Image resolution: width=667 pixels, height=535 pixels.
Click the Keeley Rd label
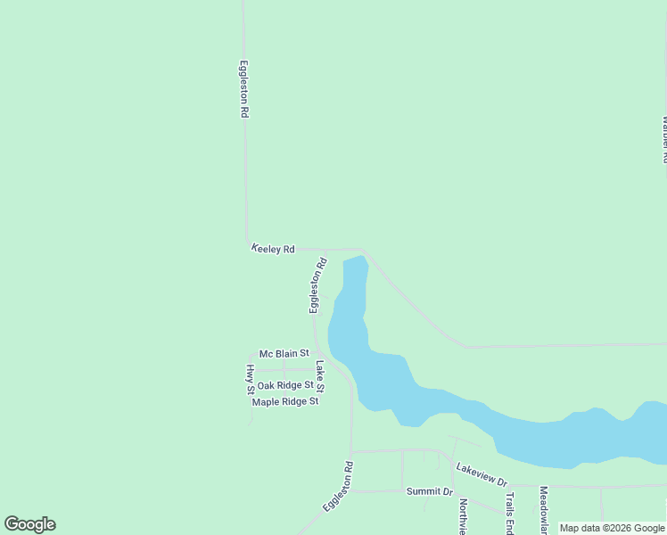[273, 250]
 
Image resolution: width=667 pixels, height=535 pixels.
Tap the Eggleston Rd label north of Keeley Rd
[243, 89]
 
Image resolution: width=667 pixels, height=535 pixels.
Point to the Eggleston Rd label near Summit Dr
[338, 485]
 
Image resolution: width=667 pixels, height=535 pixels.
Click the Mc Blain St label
[284, 354]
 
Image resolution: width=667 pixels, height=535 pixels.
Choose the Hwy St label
[251, 379]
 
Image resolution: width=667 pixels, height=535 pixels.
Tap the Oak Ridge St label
[285, 385]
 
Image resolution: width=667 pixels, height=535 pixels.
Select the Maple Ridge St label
[285, 402]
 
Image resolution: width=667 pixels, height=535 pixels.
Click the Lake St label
[319, 376]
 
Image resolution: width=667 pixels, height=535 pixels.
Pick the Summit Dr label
[430, 492]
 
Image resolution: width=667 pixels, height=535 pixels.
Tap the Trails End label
[510, 513]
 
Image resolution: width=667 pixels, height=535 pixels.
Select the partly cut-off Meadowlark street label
[542, 509]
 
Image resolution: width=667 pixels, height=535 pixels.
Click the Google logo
[29, 524]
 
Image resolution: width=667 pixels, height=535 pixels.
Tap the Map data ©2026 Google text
[613, 529]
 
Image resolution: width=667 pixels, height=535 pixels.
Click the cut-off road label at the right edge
[663, 138]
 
